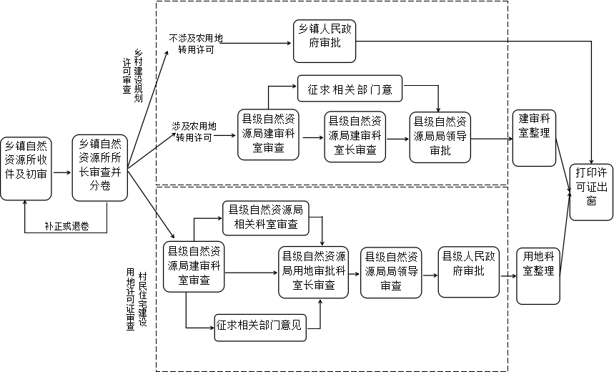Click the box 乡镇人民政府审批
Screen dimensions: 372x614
click(325, 41)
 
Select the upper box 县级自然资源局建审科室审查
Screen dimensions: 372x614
click(267, 133)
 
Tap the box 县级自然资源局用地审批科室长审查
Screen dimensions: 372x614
click(314, 271)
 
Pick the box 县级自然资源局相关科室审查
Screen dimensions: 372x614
click(264, 218)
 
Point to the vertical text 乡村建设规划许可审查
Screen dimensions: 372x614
click(132, 74)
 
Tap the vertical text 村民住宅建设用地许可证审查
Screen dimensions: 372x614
click(137, 299)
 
